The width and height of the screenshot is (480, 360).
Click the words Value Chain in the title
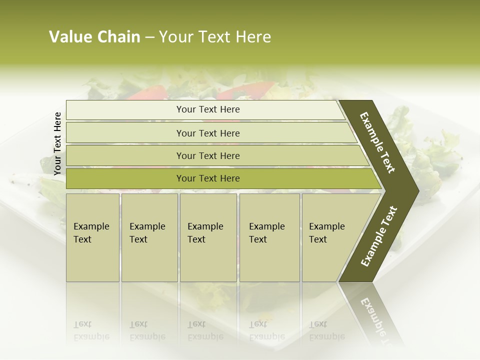tap(94, 37)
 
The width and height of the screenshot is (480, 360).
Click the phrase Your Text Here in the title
tap(215, 37)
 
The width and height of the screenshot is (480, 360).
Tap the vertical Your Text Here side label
tap(57, 143)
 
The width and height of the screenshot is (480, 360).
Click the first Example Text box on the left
tap(92, 237)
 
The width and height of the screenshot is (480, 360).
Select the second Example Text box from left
tap(149, 237)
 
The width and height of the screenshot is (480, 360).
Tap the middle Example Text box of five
tap(208, 237)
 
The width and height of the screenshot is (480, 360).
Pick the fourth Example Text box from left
tap(269, 237)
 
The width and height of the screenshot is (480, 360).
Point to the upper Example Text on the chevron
tap(377, 142)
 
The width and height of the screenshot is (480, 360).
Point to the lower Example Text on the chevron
tap(379, 236)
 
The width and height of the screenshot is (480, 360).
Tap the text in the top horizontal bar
tap(208, 109)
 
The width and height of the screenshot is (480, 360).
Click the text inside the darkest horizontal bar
tap(208, 178)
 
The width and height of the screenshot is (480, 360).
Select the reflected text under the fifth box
tap(326, 330)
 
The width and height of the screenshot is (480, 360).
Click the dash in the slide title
tap(149, 37)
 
